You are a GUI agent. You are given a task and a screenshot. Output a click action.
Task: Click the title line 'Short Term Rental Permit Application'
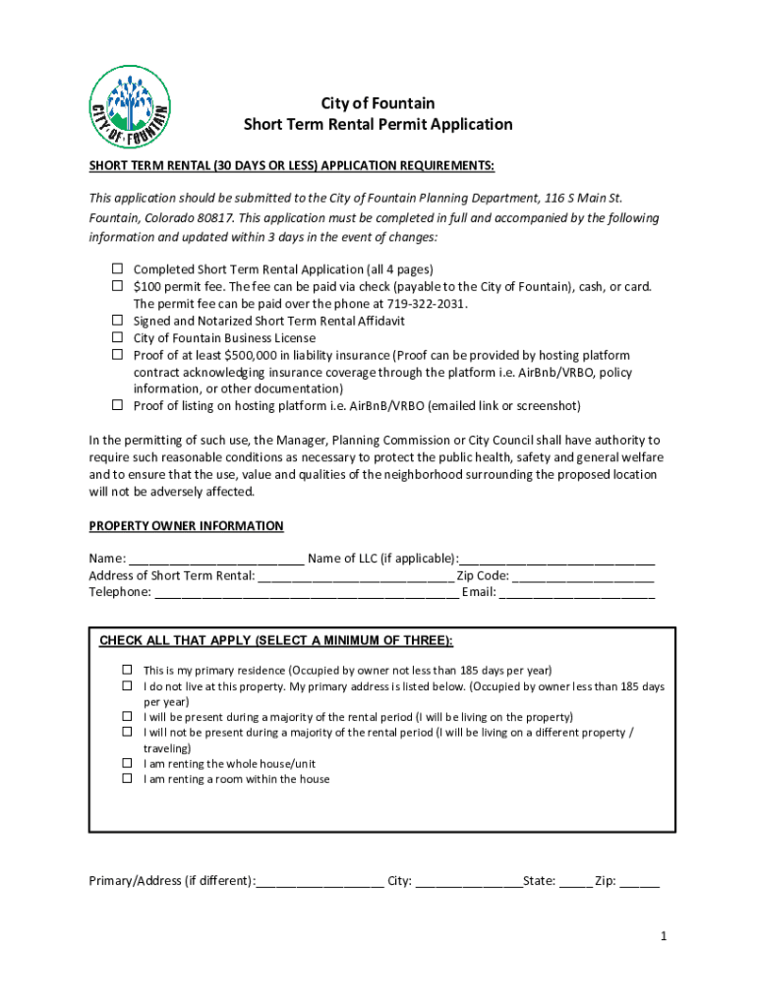[x=378, y=125]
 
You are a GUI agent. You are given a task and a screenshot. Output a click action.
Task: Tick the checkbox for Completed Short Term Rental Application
[x=116, y=268]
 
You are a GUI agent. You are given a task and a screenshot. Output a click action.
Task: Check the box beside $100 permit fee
[x=116, y=286]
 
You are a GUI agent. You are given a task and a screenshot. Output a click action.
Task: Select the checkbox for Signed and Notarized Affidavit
[x=116, y=321]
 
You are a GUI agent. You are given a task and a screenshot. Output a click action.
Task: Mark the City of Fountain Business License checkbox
[x=116, y=337]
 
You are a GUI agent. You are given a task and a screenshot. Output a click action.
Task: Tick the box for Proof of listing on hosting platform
[x=116, y=405]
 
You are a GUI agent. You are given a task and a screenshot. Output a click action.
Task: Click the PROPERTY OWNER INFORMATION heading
[x=186, y=526]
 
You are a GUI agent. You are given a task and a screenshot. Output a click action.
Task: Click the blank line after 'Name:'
[x=215, y=559]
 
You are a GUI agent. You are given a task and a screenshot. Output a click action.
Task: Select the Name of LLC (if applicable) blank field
[x=556, y=559]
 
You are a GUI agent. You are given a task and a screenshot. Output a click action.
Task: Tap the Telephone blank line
[x=306, y=592]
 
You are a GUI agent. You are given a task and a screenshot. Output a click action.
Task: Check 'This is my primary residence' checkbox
[x=127, y=670]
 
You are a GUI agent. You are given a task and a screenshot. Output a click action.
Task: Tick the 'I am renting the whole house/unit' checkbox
[x=127, y=763]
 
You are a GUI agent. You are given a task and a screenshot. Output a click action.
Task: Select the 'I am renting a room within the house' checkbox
[x=127, y=779]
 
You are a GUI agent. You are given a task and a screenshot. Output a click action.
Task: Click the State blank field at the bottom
[x=575, y=881]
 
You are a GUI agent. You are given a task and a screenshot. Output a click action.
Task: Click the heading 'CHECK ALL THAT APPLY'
[x=276, y=641]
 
